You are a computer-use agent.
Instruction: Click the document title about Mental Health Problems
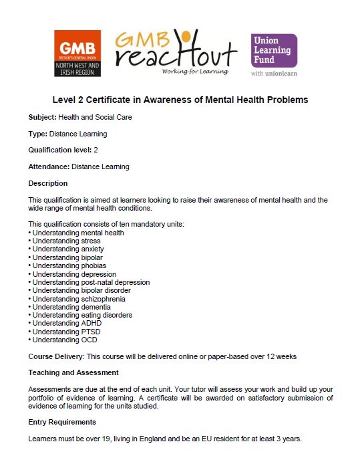tap(180, 100)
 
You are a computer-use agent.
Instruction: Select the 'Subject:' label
tap(42, 117)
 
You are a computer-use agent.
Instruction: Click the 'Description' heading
tap(48, 183)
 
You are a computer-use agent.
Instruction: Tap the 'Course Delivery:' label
tap(57, 356)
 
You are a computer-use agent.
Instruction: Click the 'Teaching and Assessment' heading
tap(73, 372)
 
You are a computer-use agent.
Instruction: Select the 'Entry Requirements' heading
tap(62, 422)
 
